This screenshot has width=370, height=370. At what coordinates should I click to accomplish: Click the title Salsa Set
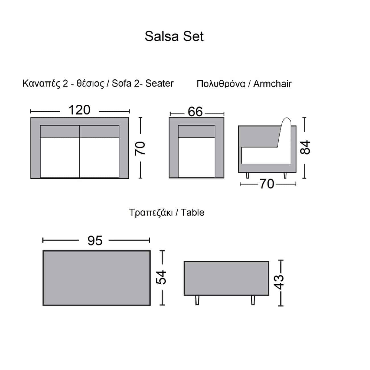(174, 36)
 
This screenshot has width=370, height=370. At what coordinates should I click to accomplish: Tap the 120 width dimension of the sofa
(79, 110)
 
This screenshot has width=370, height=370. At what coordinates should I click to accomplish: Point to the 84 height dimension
(305, 147)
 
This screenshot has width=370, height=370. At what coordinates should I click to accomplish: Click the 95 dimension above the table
(95, 240)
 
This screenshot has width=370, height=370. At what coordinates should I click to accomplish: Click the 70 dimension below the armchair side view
(267, 184)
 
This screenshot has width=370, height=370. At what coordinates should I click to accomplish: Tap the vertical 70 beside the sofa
(140, 148)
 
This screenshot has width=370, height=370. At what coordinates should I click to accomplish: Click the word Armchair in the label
(272, 84)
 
